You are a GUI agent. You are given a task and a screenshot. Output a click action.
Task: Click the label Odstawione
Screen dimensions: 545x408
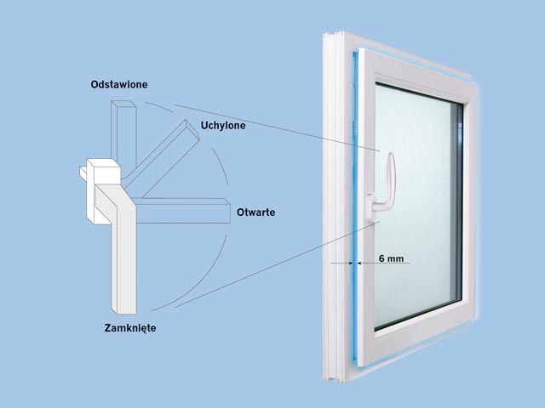119,84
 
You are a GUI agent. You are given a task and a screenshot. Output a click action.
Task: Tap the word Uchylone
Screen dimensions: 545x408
223,125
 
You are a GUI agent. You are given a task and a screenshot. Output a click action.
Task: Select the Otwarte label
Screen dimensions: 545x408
255,212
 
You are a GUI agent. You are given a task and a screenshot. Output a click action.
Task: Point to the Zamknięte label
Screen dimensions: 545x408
130,328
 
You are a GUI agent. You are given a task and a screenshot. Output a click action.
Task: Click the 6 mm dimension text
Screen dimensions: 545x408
391,258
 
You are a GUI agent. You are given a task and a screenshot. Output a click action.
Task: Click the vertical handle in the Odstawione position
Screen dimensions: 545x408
123,132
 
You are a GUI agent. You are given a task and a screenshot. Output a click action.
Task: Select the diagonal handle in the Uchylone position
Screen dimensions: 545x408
163,156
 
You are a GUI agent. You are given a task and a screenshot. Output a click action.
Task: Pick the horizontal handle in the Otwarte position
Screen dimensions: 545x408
182,211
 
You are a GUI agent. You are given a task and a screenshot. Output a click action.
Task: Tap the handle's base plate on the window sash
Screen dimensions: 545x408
370,208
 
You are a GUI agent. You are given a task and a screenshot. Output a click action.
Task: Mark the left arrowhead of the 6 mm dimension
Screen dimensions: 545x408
350,263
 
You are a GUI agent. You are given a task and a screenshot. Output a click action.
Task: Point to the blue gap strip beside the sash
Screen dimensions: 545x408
355,208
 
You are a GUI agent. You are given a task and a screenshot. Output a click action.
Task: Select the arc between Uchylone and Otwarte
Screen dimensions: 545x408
221,165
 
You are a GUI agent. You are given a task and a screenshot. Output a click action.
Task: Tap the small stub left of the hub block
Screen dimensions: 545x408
83,173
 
